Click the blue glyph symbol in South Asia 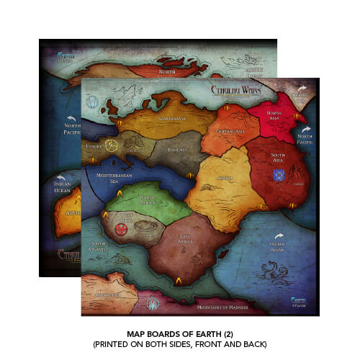pyautogui.click(x=279, y=174)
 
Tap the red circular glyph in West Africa pyautogui.click(x=122, y=229)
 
